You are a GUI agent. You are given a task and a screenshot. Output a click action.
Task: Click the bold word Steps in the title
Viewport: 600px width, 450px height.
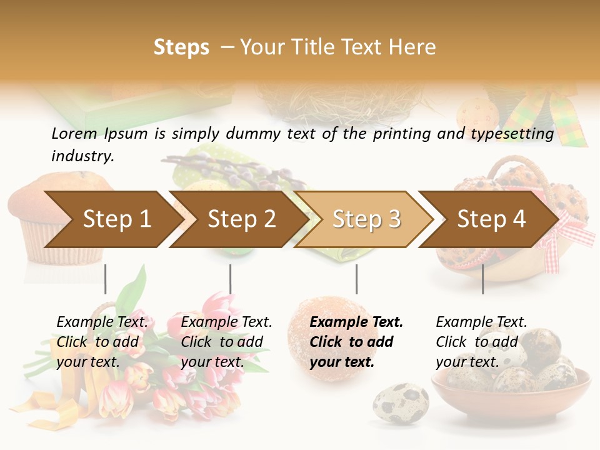click(x=181, y=47)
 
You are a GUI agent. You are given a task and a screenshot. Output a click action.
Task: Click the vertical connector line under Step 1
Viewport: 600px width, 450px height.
click(x=106, y=279)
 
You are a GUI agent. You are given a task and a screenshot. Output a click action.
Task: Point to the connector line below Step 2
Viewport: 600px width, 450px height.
click(x=231, y=279)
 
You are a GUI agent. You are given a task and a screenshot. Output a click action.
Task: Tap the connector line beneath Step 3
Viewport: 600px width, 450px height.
click(x=356, y=279)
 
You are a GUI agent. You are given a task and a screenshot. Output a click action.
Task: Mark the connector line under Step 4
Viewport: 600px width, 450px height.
click(x=482, y=279)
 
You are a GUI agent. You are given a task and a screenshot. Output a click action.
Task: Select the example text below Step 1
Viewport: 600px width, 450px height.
click(x=102, y=341)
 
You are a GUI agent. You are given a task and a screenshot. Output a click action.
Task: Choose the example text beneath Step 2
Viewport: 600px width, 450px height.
click(x=226, y=341)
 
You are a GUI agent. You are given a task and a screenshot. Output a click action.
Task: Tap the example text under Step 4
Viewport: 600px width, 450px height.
click(x=481, y=341)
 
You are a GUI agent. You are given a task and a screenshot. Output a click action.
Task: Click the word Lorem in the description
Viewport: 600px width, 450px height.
click(x=74, y=134)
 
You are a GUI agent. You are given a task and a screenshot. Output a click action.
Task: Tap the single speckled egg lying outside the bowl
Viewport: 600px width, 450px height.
click(x=401, y=403)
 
